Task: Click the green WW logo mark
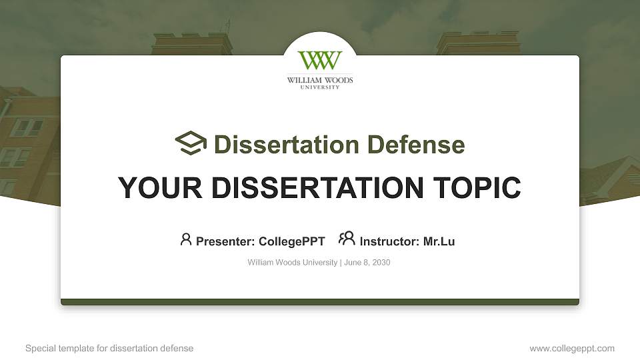[320, 61]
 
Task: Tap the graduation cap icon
[191, 143]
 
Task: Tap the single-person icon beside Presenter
[186, 239]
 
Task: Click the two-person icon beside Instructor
[347, 239]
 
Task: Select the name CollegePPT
[291, 241]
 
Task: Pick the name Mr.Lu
[439, 241]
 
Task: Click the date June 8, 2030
[367, 263]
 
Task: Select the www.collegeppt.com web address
[572, 348]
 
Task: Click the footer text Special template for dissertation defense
[109, 348]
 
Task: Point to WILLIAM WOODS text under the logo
[320, 81]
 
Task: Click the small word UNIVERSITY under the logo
[320, 87]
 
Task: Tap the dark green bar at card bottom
[320, 302]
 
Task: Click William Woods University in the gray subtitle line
[292, 263]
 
